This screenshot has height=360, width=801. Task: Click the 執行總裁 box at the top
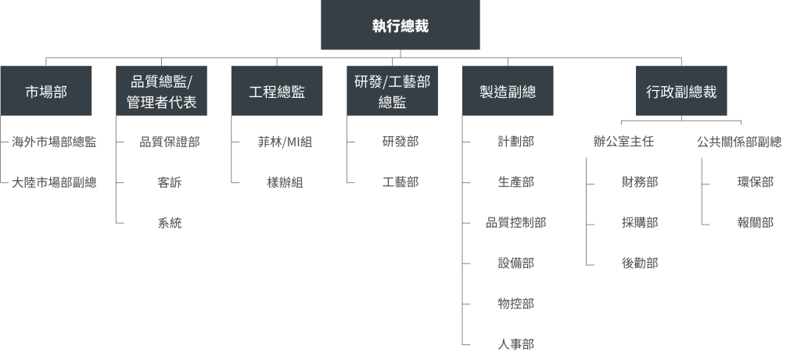tap(400, 24)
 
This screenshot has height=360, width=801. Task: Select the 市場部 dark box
tap(46, 91)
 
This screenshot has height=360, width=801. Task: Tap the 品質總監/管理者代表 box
tap(161, 91)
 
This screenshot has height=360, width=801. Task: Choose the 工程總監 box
tap(277, 91)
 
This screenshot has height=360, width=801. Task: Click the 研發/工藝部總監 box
tap(393, 91)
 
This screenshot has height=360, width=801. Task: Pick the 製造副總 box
tap(508, 91)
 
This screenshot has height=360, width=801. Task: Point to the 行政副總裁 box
tap(681, 91)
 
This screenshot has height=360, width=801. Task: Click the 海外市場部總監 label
tap(54, 142)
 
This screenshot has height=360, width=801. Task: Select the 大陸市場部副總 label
tap(54, 182)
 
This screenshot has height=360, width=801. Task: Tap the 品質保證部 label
tap(170, 142)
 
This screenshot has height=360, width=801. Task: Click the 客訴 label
tap(170, 182)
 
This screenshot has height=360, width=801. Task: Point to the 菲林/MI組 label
tap(285, 142)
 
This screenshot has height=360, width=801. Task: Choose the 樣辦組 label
tap(285, 182)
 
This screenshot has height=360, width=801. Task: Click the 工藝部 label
tap(400, 182)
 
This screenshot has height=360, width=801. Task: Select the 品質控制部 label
tap(516, 222)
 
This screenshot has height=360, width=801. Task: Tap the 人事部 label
tap(516, 344)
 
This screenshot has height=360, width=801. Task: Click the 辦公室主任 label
tap(623, 142)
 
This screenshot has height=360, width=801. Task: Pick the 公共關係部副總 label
tap(739, 142)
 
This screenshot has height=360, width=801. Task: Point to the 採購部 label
tap(640, 222)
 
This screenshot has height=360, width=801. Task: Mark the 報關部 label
tap(756, 222)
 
